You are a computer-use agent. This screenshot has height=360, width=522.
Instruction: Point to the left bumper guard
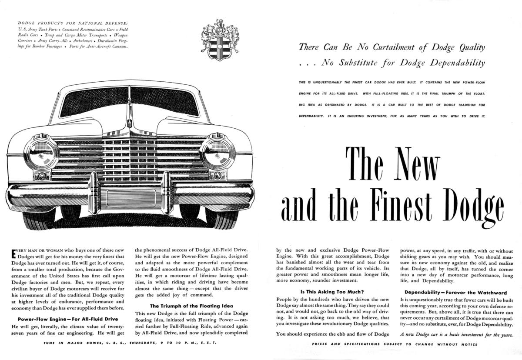tap(94, 191)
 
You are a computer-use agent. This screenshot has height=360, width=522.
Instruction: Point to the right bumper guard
tap(167, 191)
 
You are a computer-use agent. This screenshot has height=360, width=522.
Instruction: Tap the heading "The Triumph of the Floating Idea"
tap(191, 306)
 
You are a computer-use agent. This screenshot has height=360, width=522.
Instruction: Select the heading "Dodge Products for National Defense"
tap(73, 23)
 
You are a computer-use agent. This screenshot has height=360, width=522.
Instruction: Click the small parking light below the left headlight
tap(42, 176)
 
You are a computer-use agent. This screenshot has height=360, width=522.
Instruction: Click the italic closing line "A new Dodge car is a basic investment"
tap(456, 334)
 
